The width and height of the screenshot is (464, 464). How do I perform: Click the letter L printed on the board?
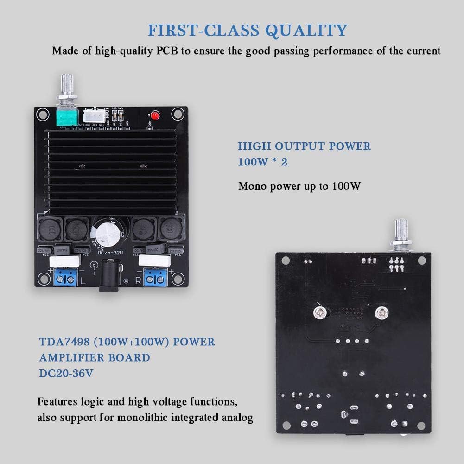tap(83, 281)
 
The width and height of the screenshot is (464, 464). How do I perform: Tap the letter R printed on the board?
tap(137, 281)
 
